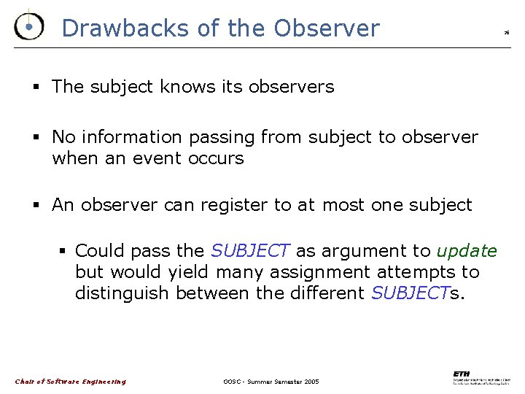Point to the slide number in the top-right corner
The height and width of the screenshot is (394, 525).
pos(506,33)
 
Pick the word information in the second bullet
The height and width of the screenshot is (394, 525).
pos(132,137)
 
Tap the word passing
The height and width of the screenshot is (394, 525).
pos(222,138)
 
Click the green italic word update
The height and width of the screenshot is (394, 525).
pos(467,252)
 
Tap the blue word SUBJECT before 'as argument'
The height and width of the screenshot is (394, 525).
pos(250,252)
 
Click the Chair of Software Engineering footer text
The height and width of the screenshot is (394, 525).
pos(71,382)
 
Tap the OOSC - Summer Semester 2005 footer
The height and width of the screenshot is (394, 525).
pos(271,382)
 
